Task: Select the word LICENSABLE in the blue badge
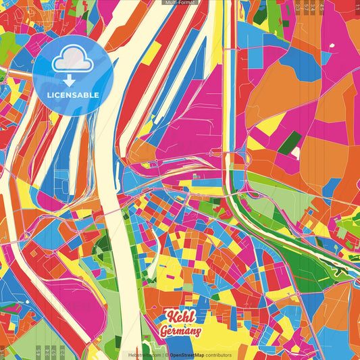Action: (73, 94)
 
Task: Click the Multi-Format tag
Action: (180, 3)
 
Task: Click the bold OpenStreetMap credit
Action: (190, 355)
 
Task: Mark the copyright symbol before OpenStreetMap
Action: (166, 355)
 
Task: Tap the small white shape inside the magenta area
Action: (332, 47)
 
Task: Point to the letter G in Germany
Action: (164, 331)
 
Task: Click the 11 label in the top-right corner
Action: (357, 5)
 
